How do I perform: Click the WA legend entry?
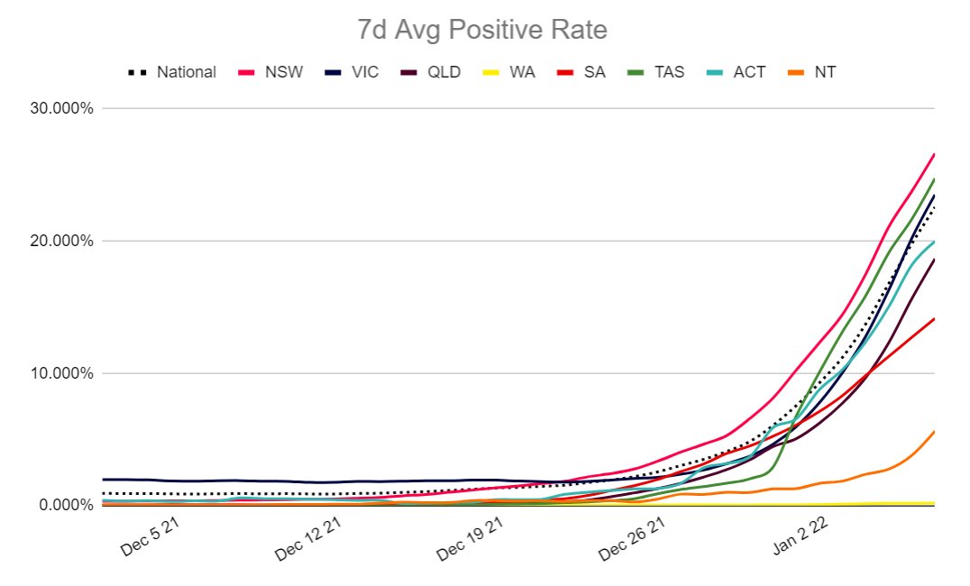(522, 71)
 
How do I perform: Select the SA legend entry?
(594, 71)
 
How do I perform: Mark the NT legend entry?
(823, 71)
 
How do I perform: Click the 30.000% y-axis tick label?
(61, 108)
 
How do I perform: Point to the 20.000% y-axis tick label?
(61, 241)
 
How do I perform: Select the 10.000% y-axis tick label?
(61, 373)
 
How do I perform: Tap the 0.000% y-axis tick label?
(65, 505)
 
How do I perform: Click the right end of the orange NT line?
(933, 432)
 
